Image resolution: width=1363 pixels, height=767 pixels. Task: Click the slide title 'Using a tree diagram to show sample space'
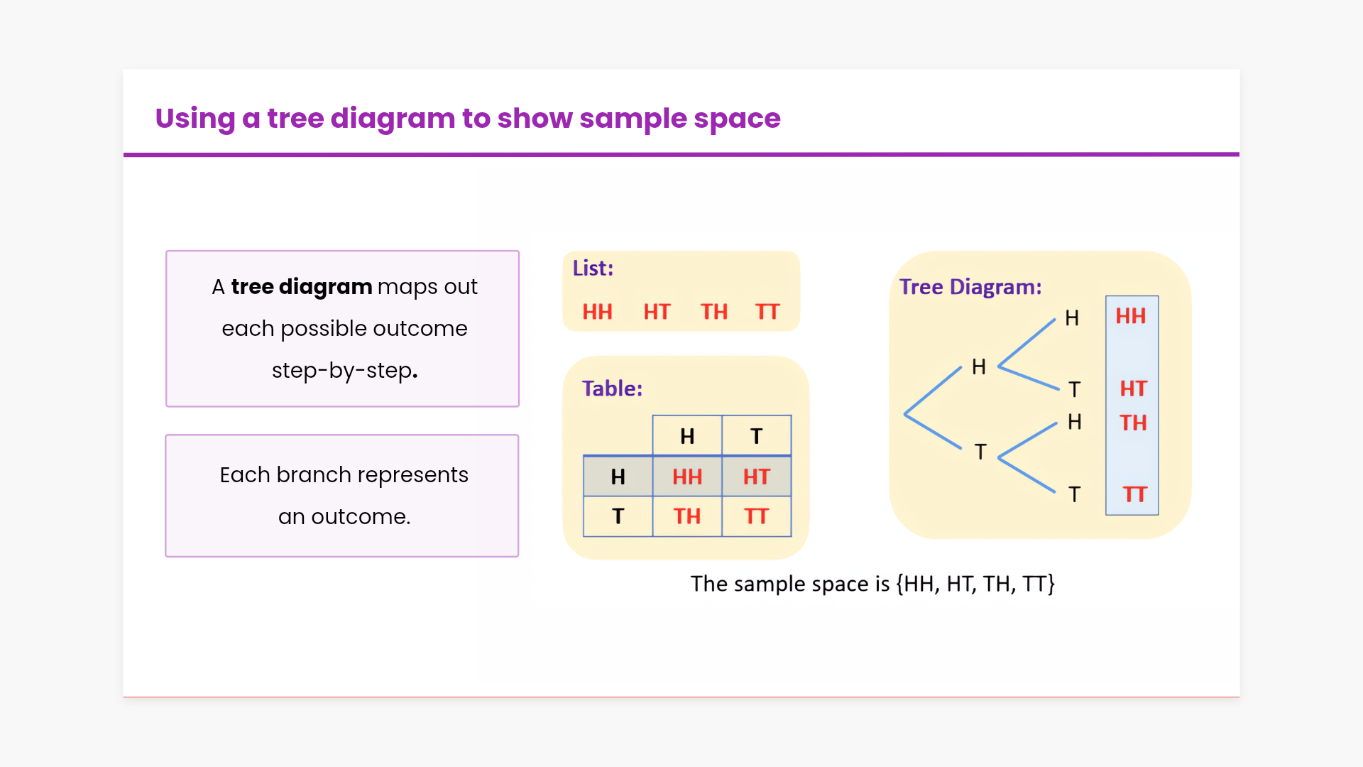point(468,119)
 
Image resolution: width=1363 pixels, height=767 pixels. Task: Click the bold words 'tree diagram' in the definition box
point(302,287)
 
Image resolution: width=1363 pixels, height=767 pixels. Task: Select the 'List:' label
point(593,268)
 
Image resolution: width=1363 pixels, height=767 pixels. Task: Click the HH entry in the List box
point(597,312)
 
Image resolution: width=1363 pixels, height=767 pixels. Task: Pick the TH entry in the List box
point(714,312)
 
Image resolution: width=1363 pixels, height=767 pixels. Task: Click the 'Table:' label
point(612,388)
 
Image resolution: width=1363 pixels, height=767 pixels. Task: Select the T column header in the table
point(757,436)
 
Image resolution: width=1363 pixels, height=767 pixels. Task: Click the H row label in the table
point(618,477)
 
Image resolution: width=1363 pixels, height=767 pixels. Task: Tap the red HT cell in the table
point(757,477)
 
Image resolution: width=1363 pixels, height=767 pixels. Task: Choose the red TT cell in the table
point(757,516)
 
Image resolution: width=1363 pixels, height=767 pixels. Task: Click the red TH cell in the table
point(687,516)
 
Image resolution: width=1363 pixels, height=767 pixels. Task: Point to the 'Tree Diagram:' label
point(970,287)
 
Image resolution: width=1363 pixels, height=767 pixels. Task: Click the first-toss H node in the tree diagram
point(979,366)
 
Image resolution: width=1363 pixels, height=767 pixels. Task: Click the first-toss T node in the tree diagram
point(980,452)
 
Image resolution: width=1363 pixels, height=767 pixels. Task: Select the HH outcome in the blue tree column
point(1131,316)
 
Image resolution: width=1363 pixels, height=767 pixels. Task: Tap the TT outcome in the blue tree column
point(1134,494)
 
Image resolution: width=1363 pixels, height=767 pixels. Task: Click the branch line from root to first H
point(933,391)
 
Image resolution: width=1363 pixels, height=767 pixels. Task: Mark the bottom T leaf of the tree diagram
point(1075,494)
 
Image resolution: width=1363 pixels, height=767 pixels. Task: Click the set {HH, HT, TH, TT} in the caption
point(975,584)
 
